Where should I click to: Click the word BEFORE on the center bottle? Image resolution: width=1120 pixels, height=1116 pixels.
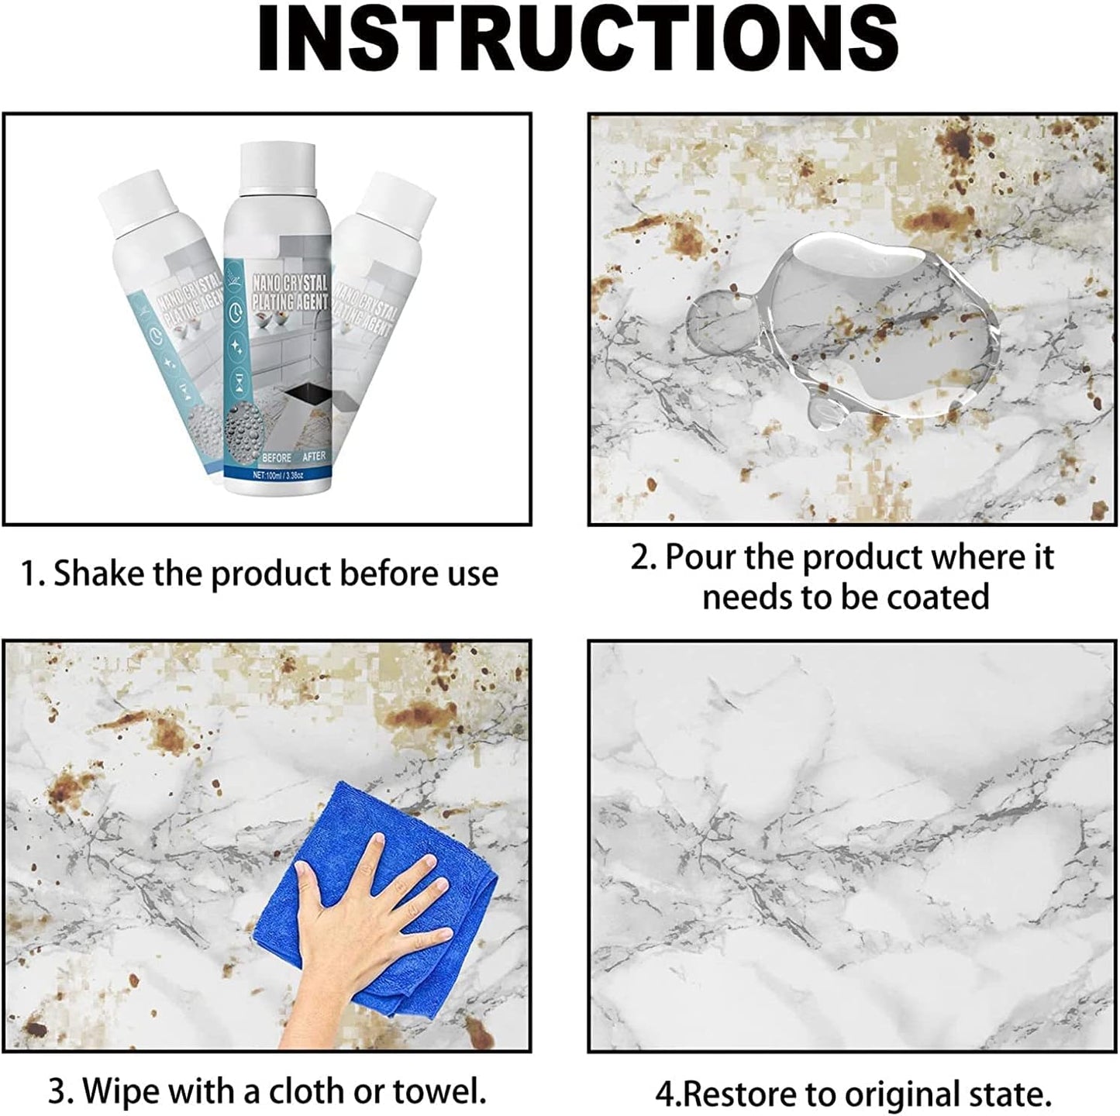[277, 457]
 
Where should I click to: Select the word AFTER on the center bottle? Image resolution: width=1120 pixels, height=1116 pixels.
[314, 457]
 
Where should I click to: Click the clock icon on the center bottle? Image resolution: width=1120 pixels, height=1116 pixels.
[236, 313]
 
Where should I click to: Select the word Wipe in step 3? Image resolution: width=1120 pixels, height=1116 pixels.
[120, 1092]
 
